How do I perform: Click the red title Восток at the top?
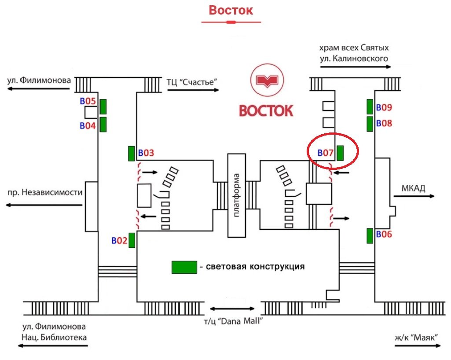(x=231, y=10)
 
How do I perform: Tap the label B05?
(x=88, y=101)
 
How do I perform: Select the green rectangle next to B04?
(x=103, y=125)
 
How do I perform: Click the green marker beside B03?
(x=131, y=153)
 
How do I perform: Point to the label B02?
(x=119, y=241)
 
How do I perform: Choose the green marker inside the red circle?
(x=340, y=153)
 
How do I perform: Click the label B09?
(x=384, y=107)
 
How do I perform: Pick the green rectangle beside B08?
(x=370, y=124)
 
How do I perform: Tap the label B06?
(x=384, y=235)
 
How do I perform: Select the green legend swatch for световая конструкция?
(x=184, y=267)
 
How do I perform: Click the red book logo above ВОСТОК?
(x=266, y=81)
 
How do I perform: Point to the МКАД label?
(x=413, y=188)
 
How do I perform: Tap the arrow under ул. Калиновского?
(x=355, y=67)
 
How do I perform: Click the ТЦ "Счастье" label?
(x=192, y=82)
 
